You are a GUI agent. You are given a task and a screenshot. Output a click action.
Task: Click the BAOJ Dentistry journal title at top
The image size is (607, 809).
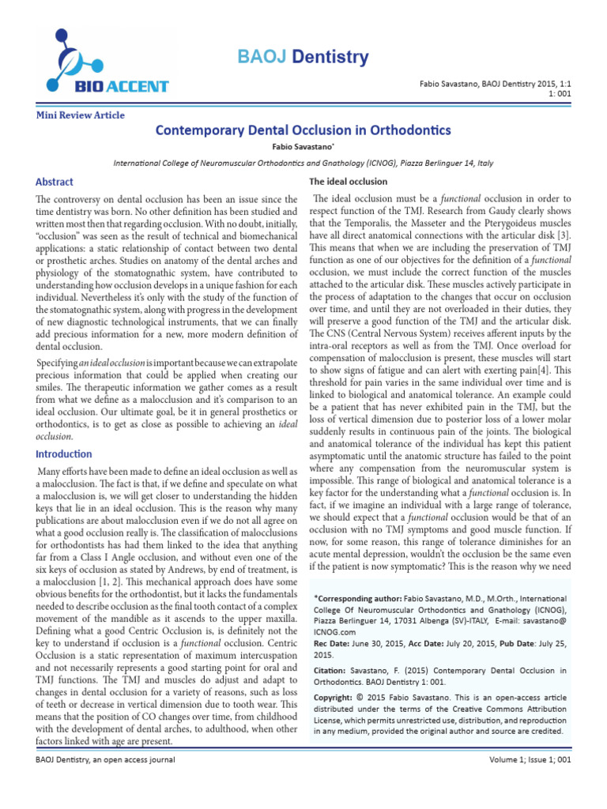303,57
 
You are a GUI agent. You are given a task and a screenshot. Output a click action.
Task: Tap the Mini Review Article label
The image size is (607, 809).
81,115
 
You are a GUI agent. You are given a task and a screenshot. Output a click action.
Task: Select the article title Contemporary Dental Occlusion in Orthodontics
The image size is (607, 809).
303,130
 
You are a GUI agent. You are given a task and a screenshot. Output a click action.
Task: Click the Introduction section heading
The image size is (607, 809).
62,454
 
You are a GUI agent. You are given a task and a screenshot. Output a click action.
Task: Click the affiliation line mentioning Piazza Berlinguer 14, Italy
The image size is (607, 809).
303,163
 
